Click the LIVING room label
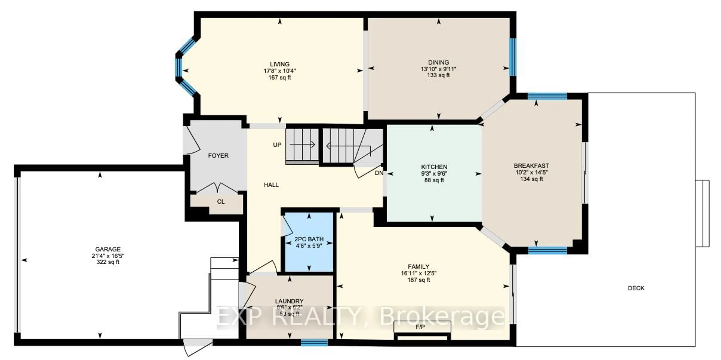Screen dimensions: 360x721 280,64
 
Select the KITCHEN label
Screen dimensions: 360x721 434,167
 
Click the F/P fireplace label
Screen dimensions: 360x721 420,327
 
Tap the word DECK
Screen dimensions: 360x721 636,288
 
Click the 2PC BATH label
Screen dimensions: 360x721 309,239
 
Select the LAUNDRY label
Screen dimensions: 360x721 289,301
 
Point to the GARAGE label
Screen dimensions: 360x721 108,249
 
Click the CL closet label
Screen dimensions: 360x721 221,202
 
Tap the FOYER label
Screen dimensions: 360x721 218,156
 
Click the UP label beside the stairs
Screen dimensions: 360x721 277,145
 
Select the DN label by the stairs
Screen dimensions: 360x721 379,173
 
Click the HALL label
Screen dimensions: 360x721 271,185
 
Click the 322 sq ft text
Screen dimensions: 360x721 108,262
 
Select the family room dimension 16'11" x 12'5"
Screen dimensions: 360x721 419,273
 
